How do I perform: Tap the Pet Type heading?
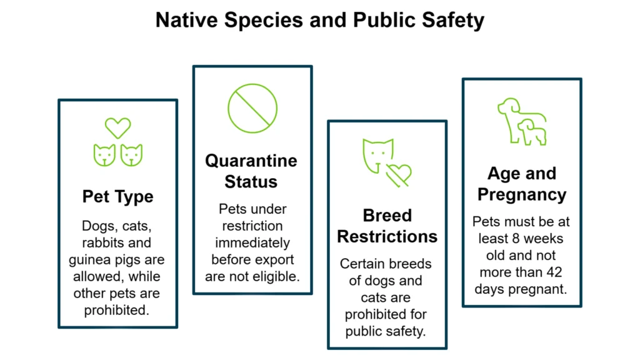[x=117, y=197]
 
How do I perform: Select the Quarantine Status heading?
[x=251, y=171]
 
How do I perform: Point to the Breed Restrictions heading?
[x=387, y=226]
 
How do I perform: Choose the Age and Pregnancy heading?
[x=521, y=183]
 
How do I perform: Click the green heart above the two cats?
[x=117, y=127]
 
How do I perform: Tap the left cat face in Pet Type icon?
[x=104, y=154]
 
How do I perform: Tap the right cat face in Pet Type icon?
[x=131, y=154]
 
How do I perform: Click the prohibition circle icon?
[x=252, y=108]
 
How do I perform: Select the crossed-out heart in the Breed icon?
[x=399, y=174]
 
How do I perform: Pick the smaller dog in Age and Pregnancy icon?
[x=532, y=132]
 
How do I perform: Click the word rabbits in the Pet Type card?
[x=117, y=242]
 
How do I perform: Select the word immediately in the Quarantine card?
[x=252, y=242]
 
